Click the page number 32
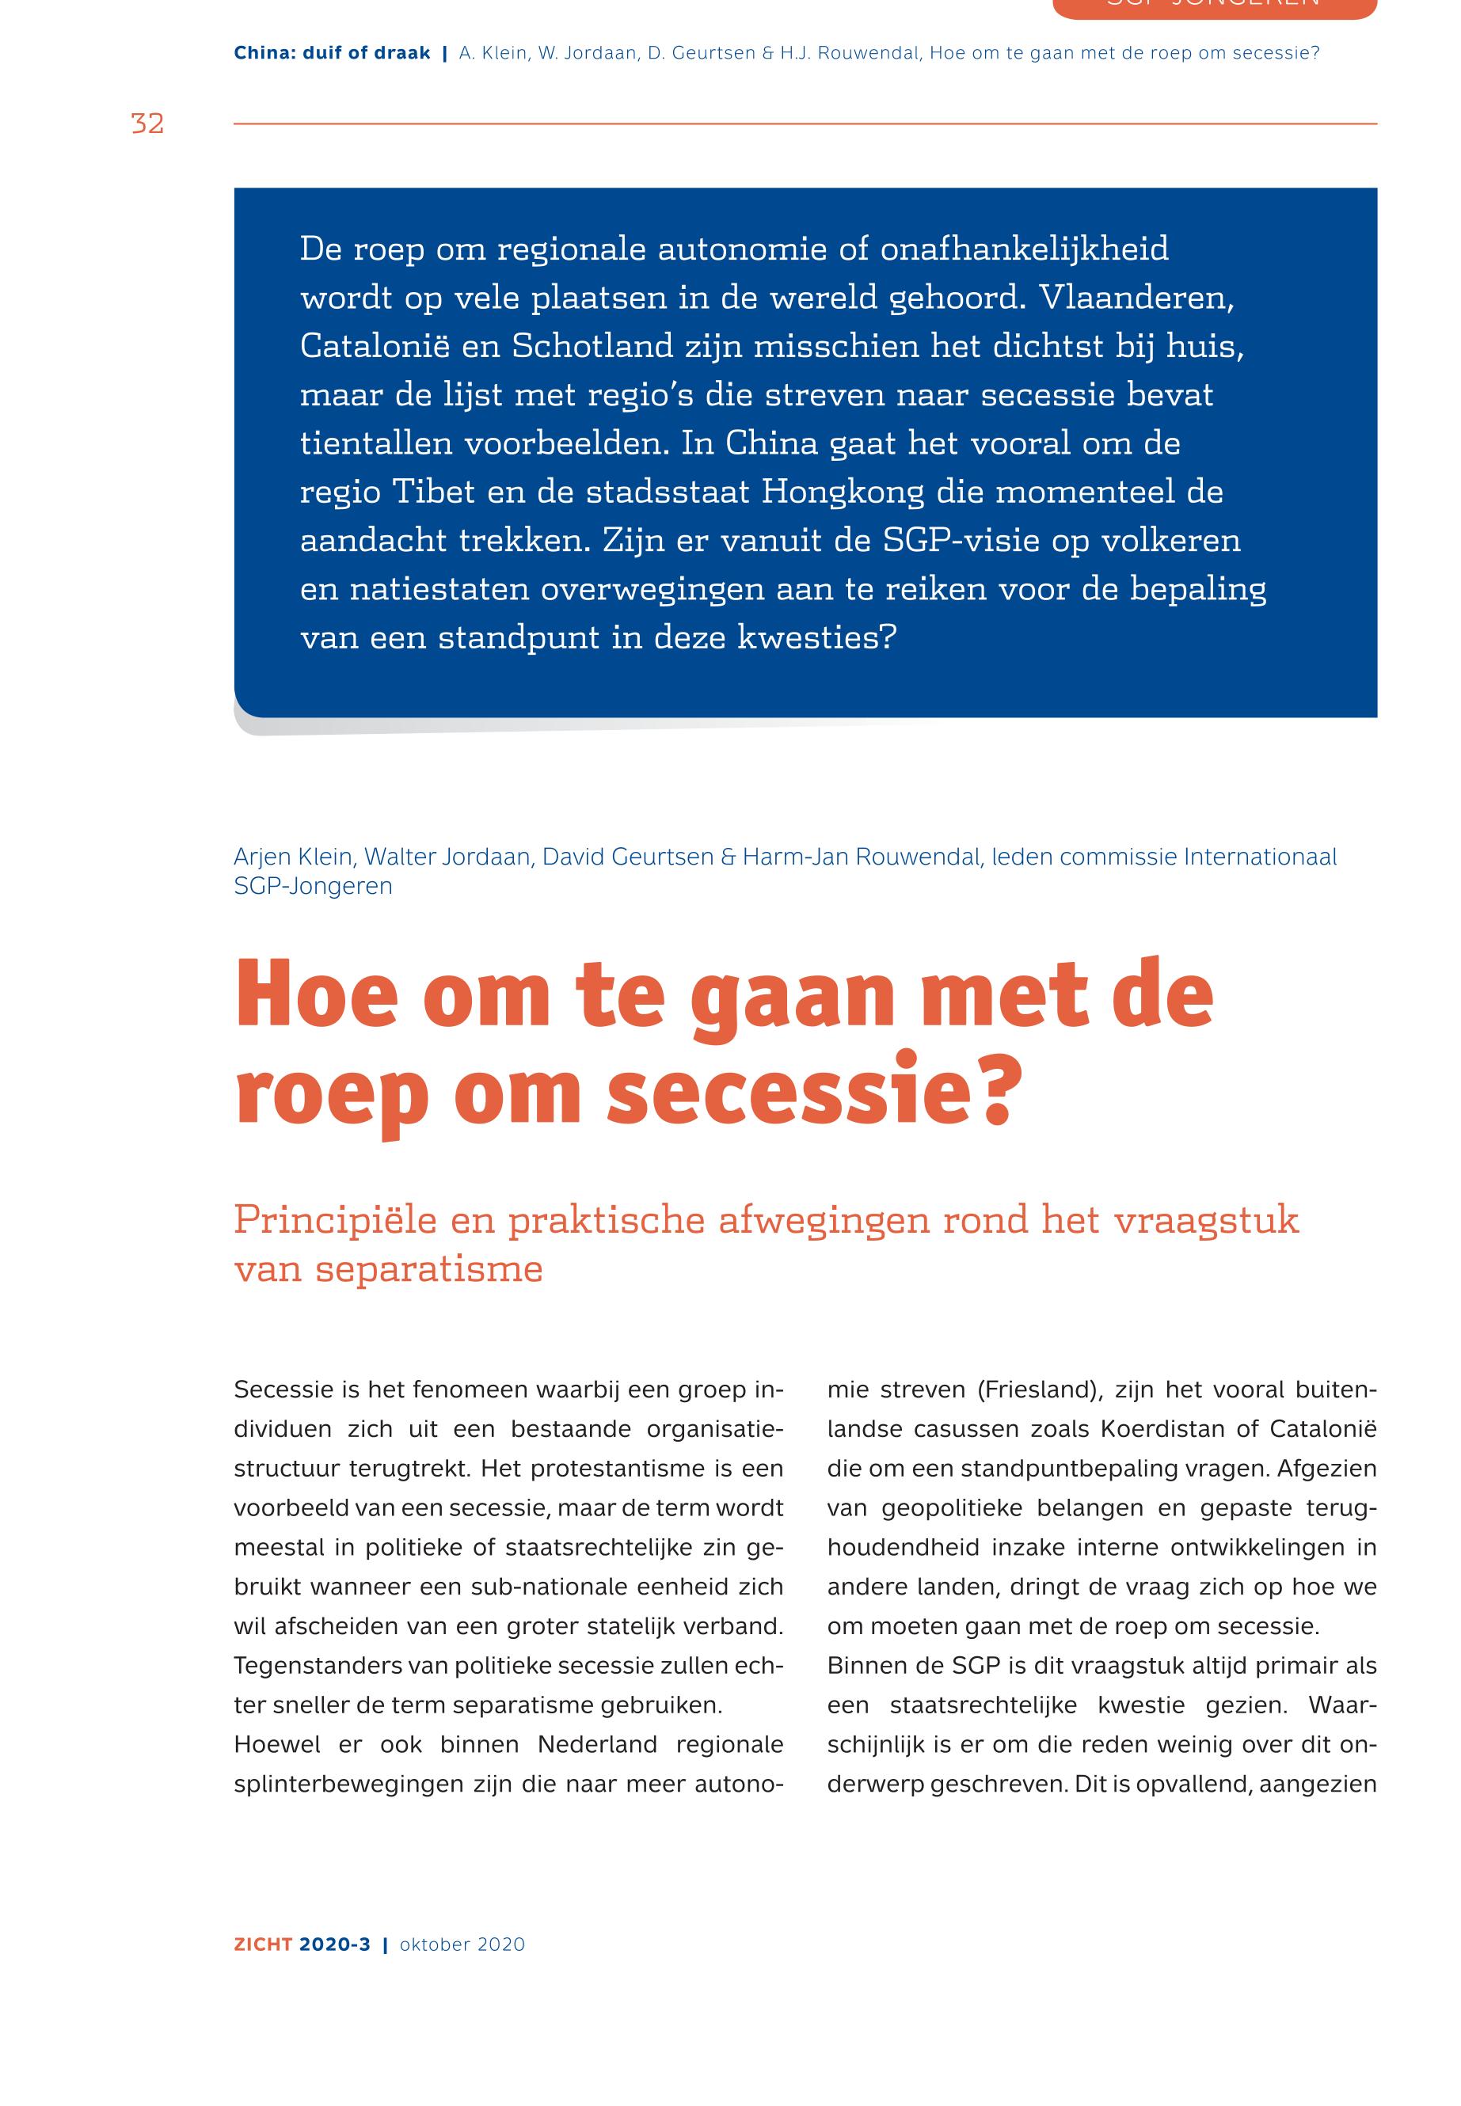[x=147, y=124]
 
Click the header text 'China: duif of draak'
[x=331, y=53]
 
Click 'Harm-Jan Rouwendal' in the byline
[x=861, y=857]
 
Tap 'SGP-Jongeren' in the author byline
[x=313, y=886]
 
